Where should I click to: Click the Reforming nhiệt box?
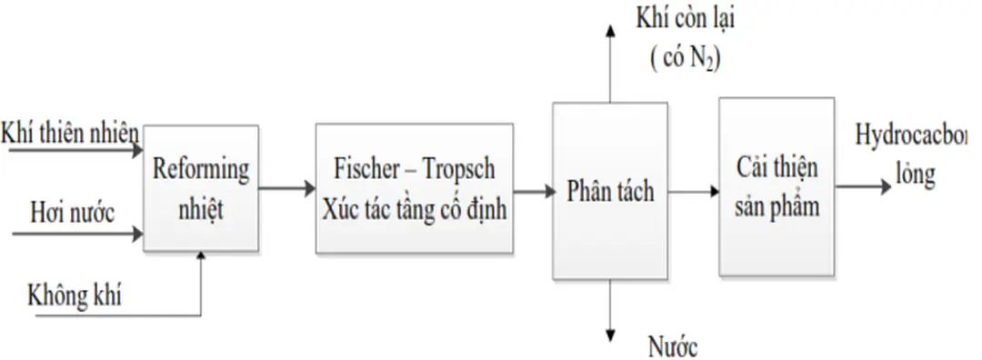pyautogui.click(x=200, y=189)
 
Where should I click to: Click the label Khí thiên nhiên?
pyautogui.click(x=71, y=135)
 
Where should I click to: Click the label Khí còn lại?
pyautogui.click(x=686, y=19)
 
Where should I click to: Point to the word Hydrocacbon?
pyautogui.click(x=914, y=136)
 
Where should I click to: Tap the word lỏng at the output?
pyautogui.click(x=914, y=174)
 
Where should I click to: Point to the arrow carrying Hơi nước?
pyautogui.click(x=77, y=235)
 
